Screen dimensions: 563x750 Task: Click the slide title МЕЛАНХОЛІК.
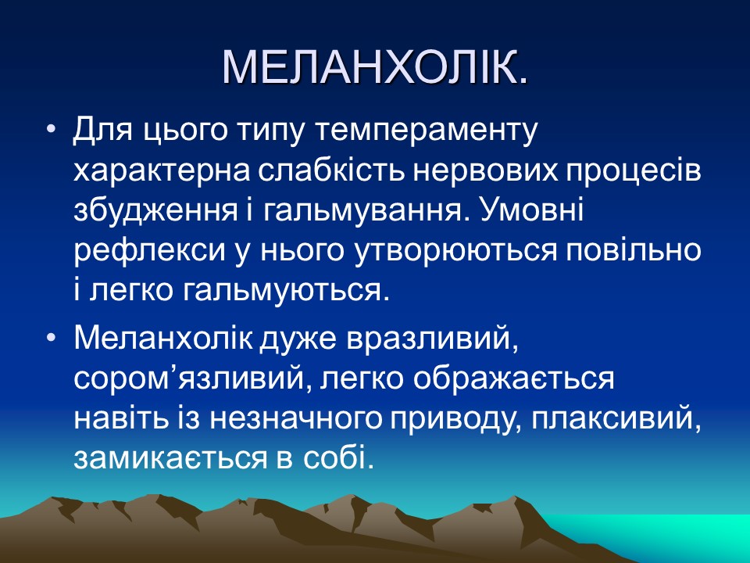coord(375,68)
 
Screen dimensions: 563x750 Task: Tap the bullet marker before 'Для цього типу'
coord(52,128)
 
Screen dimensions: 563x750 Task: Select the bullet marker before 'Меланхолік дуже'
coord(52,339)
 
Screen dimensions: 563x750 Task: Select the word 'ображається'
coord(513,379)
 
